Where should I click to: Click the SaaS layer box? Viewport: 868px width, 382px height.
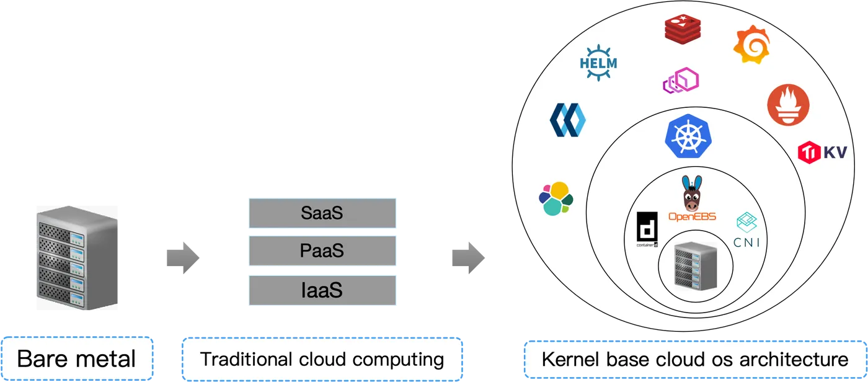[322, 213]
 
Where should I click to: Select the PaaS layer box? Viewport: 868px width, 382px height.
[322, 251]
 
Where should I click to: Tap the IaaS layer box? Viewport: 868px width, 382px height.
[322, 290]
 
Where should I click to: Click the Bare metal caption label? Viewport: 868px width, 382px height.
[77, 358]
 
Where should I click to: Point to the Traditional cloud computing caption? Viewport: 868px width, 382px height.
[322, 358]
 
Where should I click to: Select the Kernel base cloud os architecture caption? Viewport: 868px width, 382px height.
[694, 358]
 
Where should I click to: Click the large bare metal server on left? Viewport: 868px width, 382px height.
[76, 259]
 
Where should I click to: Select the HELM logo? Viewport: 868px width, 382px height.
[598, 61]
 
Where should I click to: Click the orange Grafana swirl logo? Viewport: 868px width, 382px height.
[751, 45]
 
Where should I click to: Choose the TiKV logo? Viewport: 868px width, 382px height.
[822, 152]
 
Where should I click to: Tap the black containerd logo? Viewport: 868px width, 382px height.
[647, 229]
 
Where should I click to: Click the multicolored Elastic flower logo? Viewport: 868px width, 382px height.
[556, 198]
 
